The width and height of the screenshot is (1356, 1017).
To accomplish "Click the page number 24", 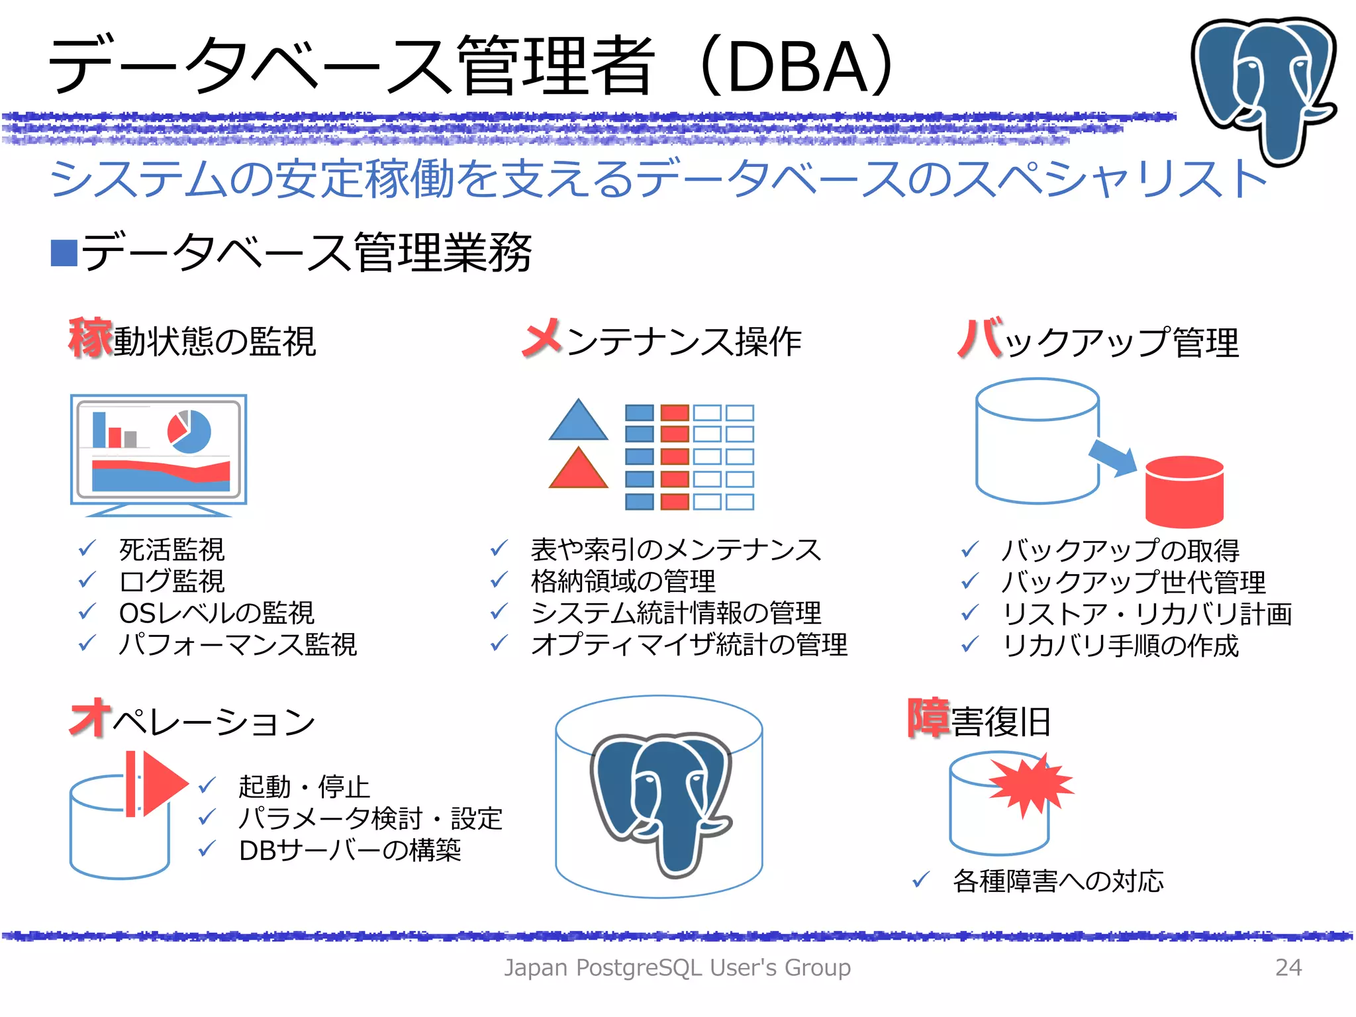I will [x=1288, y=967].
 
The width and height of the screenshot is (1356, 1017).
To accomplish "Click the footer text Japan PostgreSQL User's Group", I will [x=677, y=967].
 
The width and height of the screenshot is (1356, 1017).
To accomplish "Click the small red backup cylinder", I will [x=1184, y=491].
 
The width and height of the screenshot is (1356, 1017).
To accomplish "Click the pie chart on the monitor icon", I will [x=189, y=432].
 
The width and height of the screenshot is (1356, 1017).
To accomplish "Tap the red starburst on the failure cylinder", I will [x=1030, y=785].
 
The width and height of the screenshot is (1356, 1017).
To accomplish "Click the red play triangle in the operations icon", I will [x=163, y=783].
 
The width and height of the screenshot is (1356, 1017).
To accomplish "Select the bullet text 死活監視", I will [x=171, y=550].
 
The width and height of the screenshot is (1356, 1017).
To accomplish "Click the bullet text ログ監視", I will [x=171, y=581].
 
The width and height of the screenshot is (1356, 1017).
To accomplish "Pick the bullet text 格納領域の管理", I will [x=622, y=581].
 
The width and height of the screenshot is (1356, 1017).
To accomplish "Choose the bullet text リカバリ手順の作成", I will [x=1120, y=646].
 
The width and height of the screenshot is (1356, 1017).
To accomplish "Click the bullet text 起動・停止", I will [x=303, y=787].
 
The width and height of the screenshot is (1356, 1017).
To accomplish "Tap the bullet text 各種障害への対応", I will [x=1057, y=881].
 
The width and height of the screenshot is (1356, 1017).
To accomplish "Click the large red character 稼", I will [x=90, y=338].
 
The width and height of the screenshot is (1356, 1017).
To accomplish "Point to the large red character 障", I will [x=928, y=718].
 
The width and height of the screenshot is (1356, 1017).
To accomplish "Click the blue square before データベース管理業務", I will [x=64, y=253].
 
